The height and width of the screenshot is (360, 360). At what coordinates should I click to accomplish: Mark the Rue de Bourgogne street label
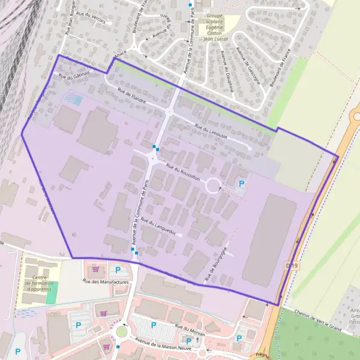pyautogui.click(x=217, y=262)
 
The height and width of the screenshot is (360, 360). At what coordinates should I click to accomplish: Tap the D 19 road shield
pyautogui.click(x=292, y=265)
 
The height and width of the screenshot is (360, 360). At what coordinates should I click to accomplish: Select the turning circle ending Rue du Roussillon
pyautogui.click(x=213, y=185)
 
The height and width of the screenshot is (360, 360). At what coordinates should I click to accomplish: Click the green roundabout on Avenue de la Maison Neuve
pyautogui.click(x=122, y=331)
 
